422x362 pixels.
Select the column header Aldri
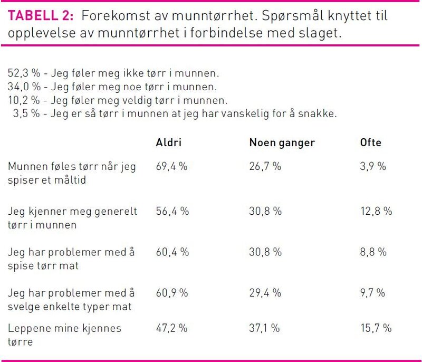coord(169,143)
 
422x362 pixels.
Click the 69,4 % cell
coord(172,167)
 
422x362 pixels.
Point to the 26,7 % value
coord(265,167)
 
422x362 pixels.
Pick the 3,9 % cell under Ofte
coord(372,167)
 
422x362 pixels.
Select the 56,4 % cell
coord(172,211)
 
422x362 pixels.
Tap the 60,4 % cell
coord(172,252)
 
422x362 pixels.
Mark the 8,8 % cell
coord(372,252)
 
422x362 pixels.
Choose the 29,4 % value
coord(265,292)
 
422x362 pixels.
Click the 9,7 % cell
coord(372,292)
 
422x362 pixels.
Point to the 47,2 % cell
coord(172,328)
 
